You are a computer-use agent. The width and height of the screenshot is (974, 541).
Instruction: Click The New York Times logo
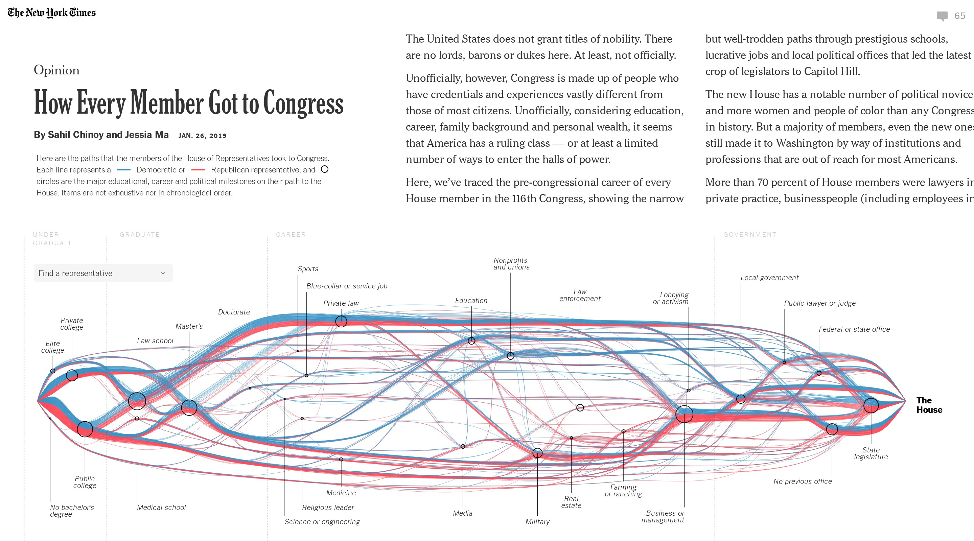pos(52,13)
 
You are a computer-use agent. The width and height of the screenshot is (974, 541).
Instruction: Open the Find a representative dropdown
pos(103,273)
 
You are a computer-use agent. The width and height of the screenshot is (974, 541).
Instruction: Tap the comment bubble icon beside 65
pos(942,16)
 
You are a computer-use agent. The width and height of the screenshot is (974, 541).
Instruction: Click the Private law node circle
pos(341,321)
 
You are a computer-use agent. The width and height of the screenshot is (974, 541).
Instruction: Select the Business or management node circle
pos(685,414)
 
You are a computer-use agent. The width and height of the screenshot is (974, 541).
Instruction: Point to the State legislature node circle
pos(871,405)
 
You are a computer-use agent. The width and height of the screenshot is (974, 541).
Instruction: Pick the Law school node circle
pos(137,401)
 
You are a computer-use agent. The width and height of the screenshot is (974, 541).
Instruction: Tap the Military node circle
pos(537,453)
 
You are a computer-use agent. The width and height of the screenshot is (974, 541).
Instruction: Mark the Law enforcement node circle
pos(580,407)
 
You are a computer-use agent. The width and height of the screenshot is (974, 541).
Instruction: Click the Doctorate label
pos(234,312)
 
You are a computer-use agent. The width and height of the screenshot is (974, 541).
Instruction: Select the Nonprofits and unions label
pos(511,263)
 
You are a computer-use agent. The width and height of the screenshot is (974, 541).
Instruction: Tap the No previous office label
pos(802,481)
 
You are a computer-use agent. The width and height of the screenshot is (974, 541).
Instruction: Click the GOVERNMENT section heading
pos(750,234)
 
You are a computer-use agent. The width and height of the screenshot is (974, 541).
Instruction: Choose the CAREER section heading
pos(291,234)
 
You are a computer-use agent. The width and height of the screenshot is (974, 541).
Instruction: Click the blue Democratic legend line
pos(124,170)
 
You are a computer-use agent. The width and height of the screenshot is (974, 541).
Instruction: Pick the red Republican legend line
pos(198,170)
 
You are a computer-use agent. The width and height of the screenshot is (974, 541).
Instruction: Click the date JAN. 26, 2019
pos(202,136)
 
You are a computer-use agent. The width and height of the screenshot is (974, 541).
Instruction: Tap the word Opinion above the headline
pos(57,70)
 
